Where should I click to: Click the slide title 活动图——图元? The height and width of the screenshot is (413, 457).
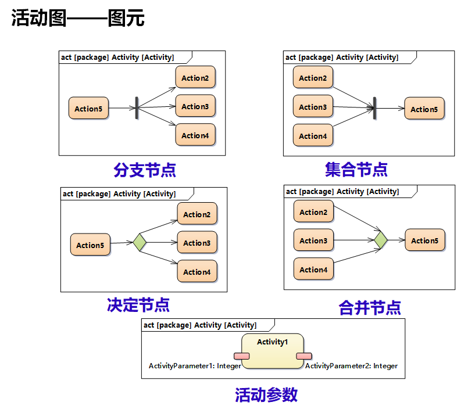pos(78,19)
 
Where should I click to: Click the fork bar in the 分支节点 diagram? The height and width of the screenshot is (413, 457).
pos(137,108)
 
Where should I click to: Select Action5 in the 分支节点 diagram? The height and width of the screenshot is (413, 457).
pos(88,109)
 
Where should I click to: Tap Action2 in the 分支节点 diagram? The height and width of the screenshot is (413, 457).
pos(195,78)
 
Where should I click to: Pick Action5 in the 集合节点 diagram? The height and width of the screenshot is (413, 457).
pos(424,109)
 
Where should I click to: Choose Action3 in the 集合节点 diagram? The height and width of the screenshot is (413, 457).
pos(313,107)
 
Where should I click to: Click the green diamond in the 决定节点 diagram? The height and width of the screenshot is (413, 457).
pos(140,242)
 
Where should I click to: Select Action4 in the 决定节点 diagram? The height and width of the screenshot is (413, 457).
pos(197,272)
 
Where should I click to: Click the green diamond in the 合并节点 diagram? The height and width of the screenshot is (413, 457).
pos(380,239)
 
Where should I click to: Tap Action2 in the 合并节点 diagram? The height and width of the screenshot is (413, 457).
pos(313,212)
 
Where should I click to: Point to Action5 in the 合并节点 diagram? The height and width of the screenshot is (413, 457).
pos(424,240)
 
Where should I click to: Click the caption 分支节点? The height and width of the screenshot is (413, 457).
pos(145,170)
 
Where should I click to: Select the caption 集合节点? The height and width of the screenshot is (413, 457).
pos(356,170)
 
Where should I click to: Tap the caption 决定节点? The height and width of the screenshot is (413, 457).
pos(138,304)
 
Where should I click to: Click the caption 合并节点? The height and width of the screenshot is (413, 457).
pos(370,307)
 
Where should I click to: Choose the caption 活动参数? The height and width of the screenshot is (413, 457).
pos(266,395)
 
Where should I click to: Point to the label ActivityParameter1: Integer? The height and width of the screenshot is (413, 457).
pos(195,366)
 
